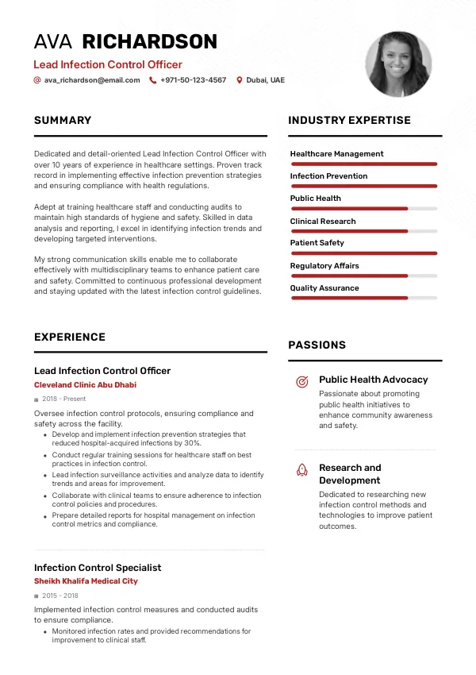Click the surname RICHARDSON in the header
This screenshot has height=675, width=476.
click(150, 42)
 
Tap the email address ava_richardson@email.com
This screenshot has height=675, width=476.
click(92, 80)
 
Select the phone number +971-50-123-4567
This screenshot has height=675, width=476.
click(193, 80)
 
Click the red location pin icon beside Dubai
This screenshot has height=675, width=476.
click(240, 80)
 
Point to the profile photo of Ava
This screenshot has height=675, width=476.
click(398, 64)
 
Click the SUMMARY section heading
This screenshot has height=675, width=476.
click(63, 121)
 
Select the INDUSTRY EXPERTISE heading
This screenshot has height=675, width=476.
click(349, 121)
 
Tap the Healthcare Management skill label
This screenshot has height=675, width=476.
click(336, 154)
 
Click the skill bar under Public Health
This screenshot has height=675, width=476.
click(364, 209)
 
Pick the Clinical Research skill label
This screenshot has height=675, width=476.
click(323, 221)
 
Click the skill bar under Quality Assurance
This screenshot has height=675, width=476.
click(364, 298)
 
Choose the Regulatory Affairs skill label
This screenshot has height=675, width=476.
click(324, 266)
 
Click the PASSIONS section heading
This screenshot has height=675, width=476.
click(317, 345)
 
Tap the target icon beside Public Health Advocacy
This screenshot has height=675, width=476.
click(301, 382)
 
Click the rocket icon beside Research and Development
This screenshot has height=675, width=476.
click(301, 469)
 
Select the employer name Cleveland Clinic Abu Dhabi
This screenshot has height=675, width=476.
click(85, 385)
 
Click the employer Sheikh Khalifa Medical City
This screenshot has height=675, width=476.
click(86, 581)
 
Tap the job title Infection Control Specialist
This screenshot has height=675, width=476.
click(98, 568)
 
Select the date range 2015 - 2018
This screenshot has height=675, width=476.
click(59, 595)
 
